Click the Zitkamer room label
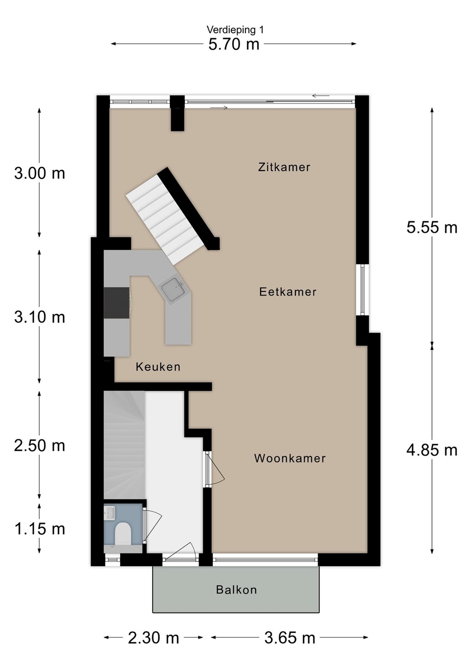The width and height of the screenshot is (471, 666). tap(284, 167)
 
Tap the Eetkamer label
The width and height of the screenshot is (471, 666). tap(287, 292)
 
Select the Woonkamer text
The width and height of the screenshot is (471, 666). tap(290, 458)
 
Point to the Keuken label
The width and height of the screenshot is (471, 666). tap(158, 367)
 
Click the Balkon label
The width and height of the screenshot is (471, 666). tap(237, 590)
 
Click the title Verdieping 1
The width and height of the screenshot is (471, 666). tap(235, 30)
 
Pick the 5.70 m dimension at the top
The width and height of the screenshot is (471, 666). tap(234, 44)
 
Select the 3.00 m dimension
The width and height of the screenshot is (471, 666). tap(40, 173)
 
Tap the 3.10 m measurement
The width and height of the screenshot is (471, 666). tap(40, 317)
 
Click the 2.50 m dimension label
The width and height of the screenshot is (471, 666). tap(40, 446)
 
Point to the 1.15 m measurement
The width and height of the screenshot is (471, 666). tap(40, 529)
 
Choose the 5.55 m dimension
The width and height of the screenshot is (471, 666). tap(432, 228)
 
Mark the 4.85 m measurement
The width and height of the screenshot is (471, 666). tap(432, 450)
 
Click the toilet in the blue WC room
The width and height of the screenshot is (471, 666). tap(123, 534)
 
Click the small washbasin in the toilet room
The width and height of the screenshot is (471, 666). tap(110, 513)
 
